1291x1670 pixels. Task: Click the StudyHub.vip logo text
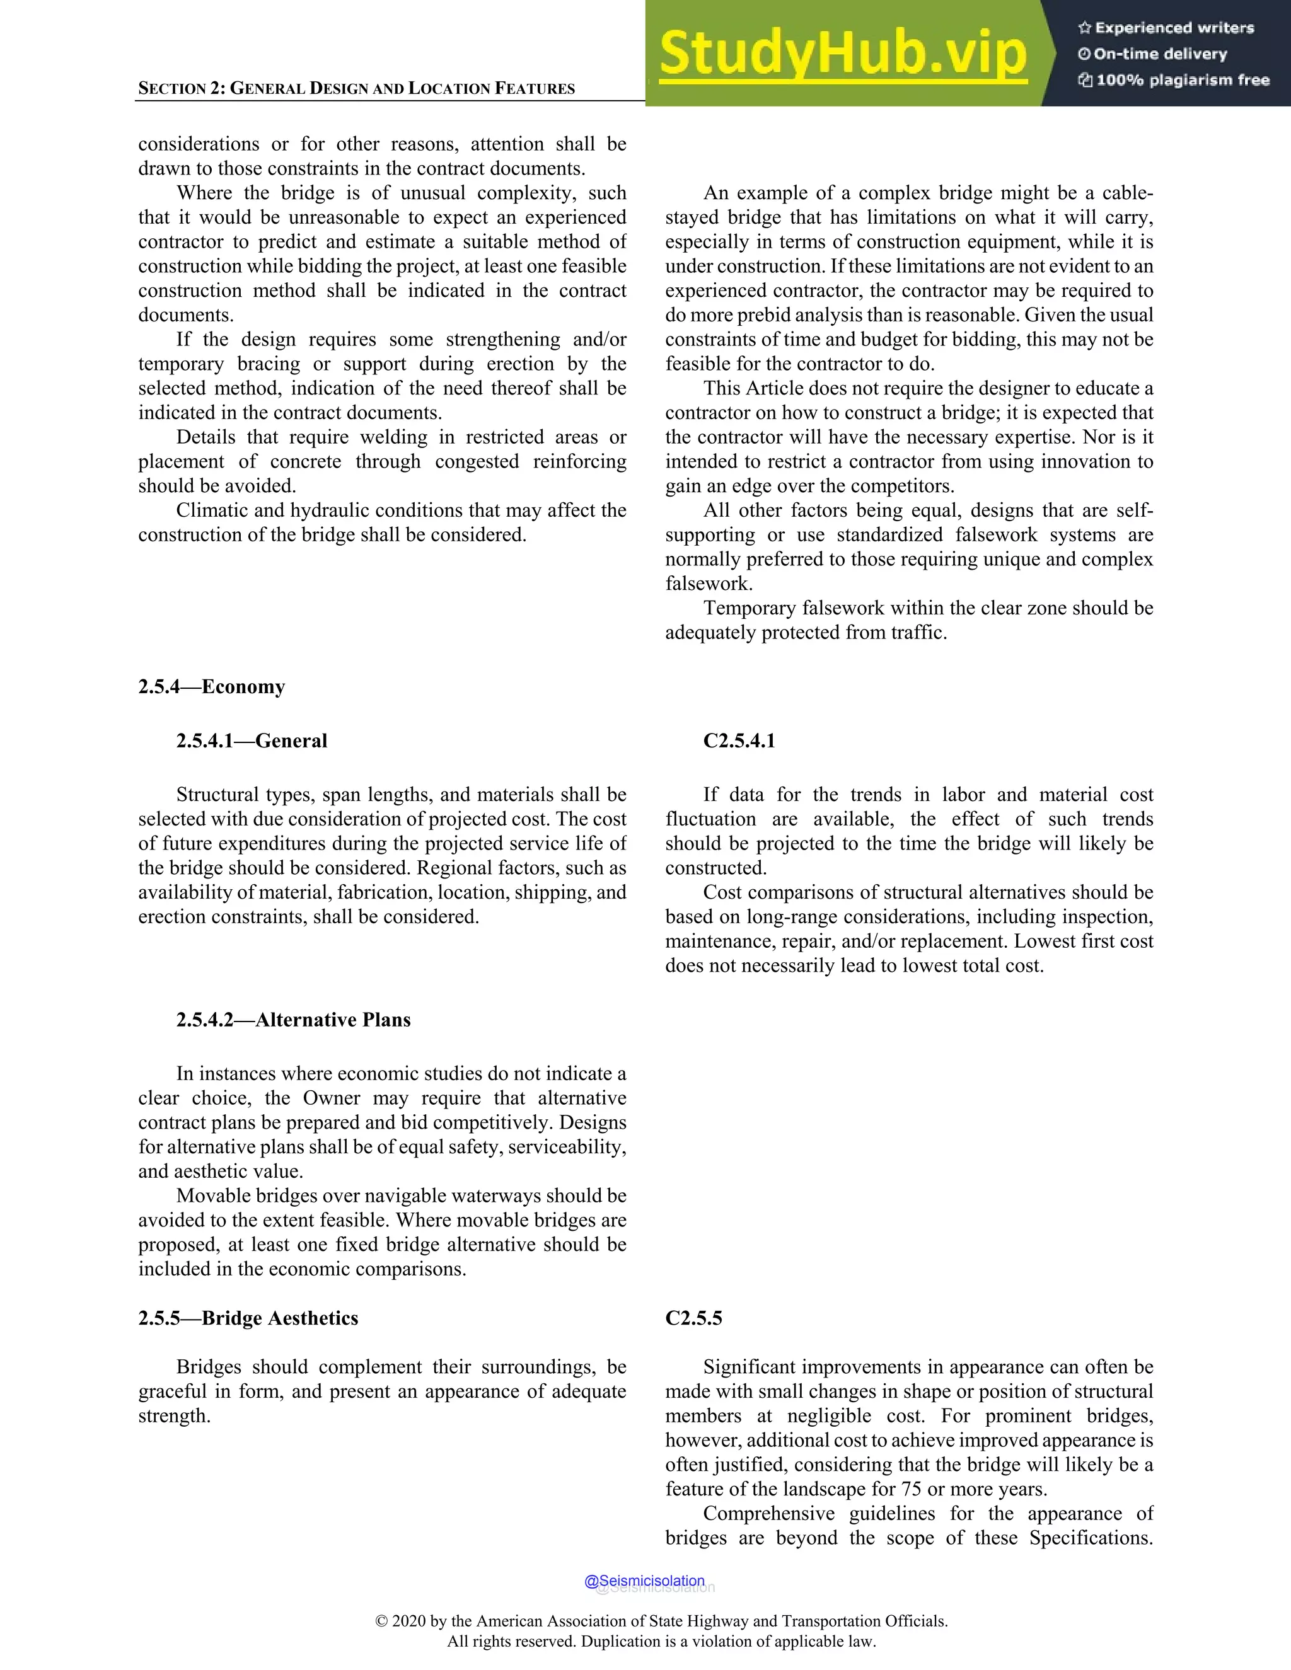pos(842,54)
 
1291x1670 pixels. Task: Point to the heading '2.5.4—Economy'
pos(211,687)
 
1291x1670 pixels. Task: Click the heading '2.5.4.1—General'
pos(251,741)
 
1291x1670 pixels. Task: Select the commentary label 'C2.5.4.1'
pos(739,741)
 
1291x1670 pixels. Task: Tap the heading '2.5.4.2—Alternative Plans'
pos(293,1020)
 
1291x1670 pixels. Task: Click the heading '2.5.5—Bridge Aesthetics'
pos(248,1318)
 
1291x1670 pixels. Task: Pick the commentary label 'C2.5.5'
pos(693,1318)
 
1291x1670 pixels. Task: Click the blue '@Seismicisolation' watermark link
pos(644,1581)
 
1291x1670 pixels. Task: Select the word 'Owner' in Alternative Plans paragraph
pos(331,1098)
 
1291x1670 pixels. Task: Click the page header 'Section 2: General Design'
pos(356,88)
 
